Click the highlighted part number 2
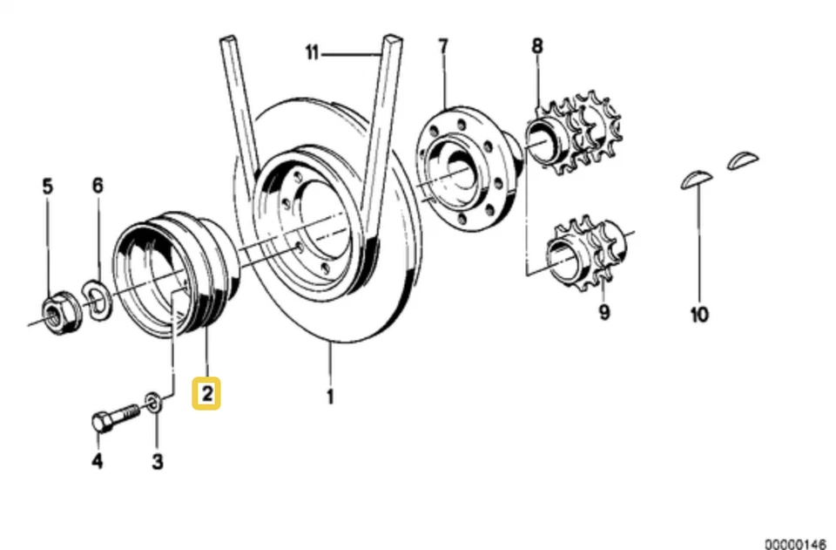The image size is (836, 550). click(x=206, y=394)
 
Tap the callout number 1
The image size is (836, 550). click(x=330, y=397)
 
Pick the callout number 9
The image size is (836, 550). click(x=603, y=311)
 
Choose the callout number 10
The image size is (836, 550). click(x=699, y=314)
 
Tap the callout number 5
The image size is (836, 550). click(x=48, y=186)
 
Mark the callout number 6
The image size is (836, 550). click(x=98, y=186)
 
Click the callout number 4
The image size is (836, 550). click(x=98, y=461)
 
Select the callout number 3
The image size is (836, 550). click(x=158, y=461)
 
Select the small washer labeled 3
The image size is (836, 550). click(x=153, y=402)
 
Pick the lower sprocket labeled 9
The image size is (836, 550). click(x=583, y=254)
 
